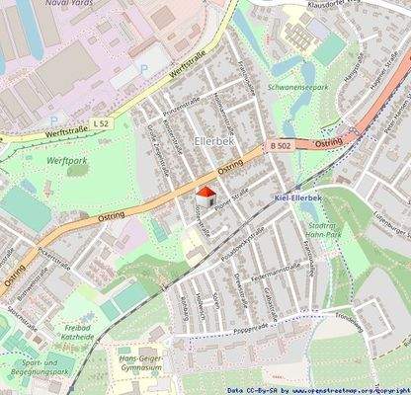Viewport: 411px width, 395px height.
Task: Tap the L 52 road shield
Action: (100, 122)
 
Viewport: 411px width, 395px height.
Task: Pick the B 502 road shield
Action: (281, 146)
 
